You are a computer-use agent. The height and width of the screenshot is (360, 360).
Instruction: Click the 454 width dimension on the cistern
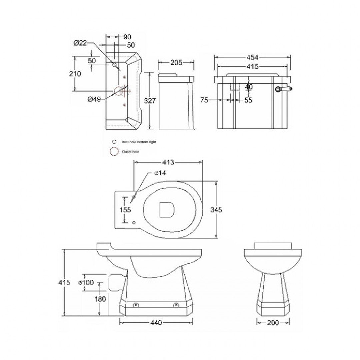253,57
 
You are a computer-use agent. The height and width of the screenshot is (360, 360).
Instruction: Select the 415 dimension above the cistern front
253,67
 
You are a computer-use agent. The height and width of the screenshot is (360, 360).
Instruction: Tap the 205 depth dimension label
176,62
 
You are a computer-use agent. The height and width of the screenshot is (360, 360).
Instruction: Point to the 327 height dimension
150,101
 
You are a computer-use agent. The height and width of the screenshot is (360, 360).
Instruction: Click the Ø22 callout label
80,43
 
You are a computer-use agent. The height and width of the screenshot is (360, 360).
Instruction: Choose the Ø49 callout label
94,99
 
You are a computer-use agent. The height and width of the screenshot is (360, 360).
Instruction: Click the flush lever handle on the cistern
284,89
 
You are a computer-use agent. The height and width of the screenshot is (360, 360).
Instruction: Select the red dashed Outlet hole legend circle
114,152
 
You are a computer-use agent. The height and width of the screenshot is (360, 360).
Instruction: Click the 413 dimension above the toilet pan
168,163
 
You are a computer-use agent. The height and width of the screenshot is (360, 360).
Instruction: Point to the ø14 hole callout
160,173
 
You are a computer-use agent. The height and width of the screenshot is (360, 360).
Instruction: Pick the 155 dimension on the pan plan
125,210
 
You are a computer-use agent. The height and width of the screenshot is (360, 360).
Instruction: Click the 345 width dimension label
217,210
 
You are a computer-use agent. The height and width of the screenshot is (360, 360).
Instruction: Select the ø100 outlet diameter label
86,283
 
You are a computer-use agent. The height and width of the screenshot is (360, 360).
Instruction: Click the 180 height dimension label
100,299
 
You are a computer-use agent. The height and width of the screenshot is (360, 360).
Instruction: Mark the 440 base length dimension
156,323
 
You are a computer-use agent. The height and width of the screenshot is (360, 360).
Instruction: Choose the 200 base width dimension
273,323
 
